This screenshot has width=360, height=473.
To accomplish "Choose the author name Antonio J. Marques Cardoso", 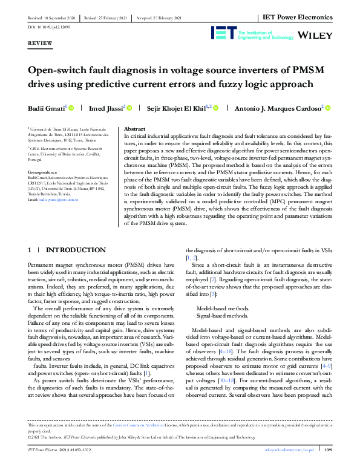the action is (281, 108).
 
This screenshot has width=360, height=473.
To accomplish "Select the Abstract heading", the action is (134, 129).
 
